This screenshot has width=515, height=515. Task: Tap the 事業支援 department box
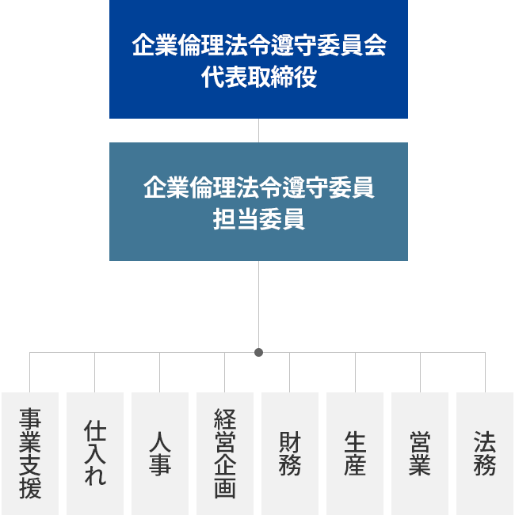30,453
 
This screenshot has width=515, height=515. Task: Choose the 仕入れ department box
95,453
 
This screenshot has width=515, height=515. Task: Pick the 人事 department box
160,453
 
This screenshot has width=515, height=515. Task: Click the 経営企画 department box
225,453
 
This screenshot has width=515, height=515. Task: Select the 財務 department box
290,453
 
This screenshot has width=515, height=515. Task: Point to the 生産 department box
355,453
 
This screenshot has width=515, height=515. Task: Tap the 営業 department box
420,453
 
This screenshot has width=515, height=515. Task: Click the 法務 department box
485,453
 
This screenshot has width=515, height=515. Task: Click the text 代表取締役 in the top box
258,79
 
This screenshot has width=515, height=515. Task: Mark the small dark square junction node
258,352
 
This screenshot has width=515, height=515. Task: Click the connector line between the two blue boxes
258,131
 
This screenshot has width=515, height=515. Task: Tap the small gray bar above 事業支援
40,381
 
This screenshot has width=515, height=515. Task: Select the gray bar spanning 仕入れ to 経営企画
162,381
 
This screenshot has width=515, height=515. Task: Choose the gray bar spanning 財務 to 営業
355,381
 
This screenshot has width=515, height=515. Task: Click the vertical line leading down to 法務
485,372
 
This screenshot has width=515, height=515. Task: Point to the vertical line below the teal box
258,305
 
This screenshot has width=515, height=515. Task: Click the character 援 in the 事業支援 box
30,488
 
